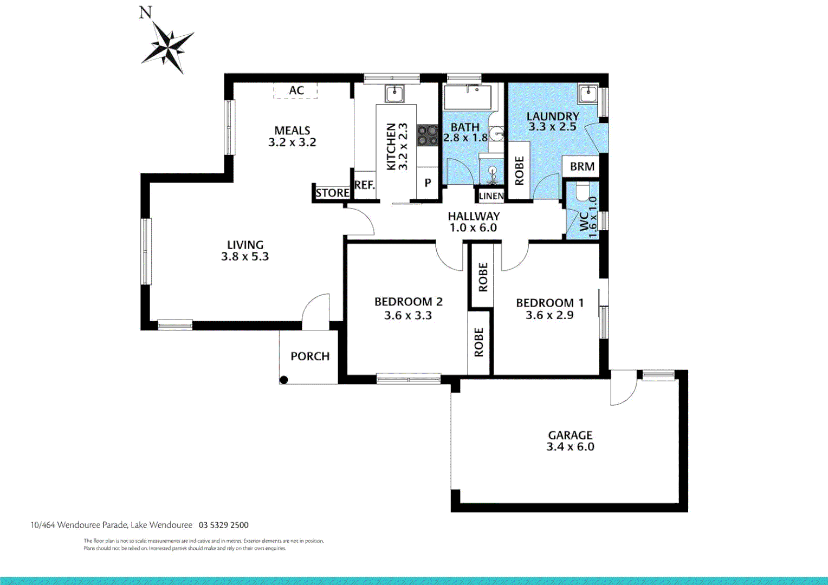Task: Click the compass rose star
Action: [x=168, y=47]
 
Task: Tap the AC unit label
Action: [x=296, y=90]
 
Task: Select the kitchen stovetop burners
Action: [x=428, y=135]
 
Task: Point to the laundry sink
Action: [x=588, y=94]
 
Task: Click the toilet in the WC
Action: [x=583, y=191]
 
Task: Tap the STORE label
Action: [x=332, y=192]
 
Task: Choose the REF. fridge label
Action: [x=365, y=184]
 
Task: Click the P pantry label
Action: [x=428, y=183]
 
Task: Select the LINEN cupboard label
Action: [x=491, y=196]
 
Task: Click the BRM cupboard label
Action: [x=582, y=167]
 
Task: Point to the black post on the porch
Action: [x=284, y=380]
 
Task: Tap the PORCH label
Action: [x=310, y=356]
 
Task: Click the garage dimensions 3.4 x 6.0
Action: [x=571, y=446]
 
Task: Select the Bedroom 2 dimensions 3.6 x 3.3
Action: [x=408, y=315]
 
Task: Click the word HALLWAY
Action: [x=474, y=216]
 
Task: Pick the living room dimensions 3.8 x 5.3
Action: [x=245, y=256]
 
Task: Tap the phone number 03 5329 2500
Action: [x=224, y=525]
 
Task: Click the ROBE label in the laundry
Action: [x=519, y=171]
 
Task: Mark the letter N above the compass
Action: [x=145, y=12]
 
